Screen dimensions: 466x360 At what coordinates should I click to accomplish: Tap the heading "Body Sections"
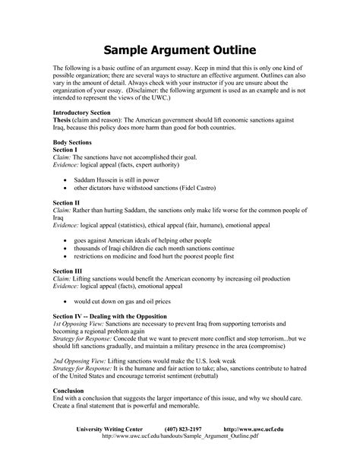click(73, 142)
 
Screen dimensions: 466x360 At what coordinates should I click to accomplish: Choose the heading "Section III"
click(68, 271)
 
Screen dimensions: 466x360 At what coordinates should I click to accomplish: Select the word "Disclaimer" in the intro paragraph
click(194, 87)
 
